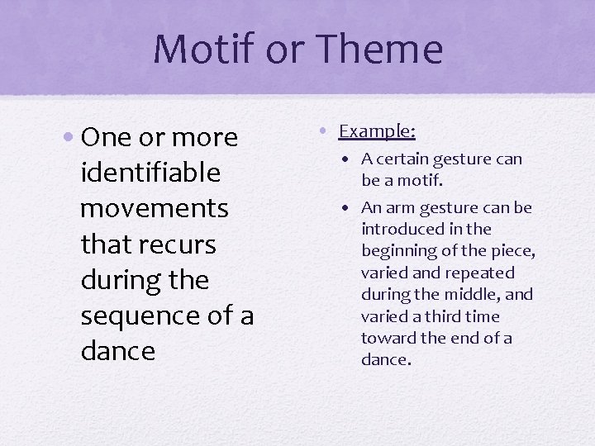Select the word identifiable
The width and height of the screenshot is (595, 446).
click(150, 173)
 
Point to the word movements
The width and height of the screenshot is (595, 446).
click(154, 208)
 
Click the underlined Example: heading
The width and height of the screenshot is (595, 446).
click(377, 131)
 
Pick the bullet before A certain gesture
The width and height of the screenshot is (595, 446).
click(351, 159)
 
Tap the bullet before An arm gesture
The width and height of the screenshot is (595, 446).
click(351, 207)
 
